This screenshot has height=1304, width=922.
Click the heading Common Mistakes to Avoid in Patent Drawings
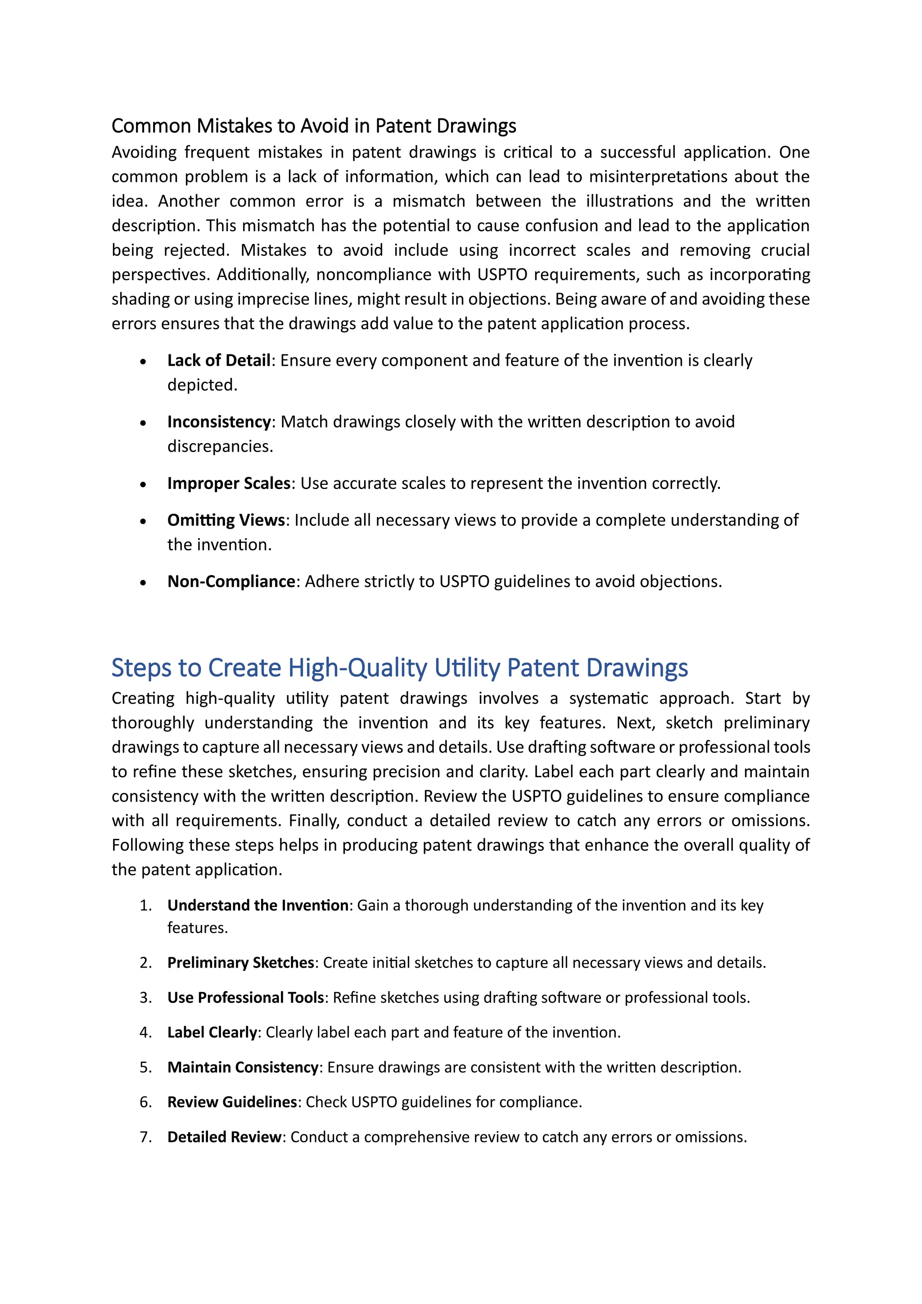pos(313,126)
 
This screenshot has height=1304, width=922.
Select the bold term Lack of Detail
pos(219,360)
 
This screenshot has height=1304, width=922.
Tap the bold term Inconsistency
pos(219,421)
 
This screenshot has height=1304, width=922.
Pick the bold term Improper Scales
pos(229,483)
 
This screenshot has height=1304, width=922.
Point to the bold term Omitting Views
pos(226,520)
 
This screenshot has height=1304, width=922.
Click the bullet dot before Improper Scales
pos(144,484)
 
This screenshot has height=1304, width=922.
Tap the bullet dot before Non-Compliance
pos(144,583)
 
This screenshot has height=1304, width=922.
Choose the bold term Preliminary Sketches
pos(241,962)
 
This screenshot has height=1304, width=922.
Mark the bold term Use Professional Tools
pos(245,997)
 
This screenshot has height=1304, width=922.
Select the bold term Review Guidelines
pos(232,1102)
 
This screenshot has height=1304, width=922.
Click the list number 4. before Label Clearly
pos(145,1032)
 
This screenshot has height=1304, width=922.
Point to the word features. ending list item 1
pos(198,928)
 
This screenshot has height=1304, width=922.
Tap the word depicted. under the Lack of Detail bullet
pos(202,385)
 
